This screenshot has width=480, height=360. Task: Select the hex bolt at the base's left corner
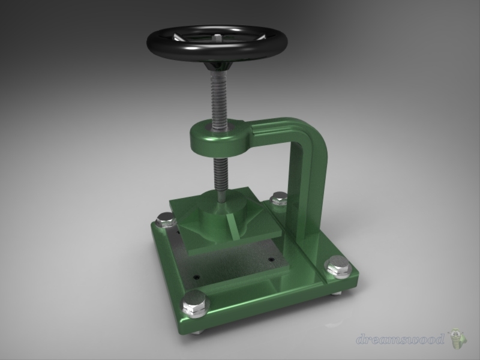165,220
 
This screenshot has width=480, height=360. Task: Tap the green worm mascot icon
457,338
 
